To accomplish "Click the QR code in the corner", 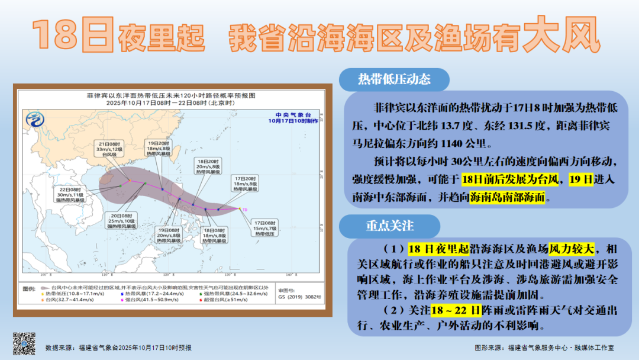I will click(25, 344).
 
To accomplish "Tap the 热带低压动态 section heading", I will click(394, 79).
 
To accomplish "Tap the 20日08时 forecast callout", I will click(121, 220).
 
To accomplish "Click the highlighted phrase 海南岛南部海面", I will click(507, 199).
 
